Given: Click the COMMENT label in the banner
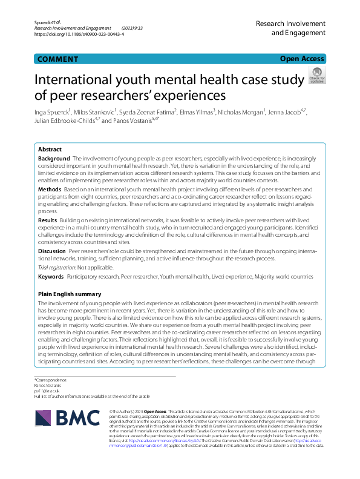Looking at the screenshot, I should tap(57, 59).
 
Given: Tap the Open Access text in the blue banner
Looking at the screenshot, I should tap(303, 59).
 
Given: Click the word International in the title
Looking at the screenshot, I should tap(81, 79).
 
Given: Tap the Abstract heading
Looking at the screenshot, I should tap(50, 149).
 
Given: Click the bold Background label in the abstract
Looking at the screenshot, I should tap(54, 157).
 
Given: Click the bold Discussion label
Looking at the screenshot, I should tap(52, 250).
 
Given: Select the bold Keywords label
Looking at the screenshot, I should tap(51, 276).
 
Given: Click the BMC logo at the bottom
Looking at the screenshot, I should tap(62, 417).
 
